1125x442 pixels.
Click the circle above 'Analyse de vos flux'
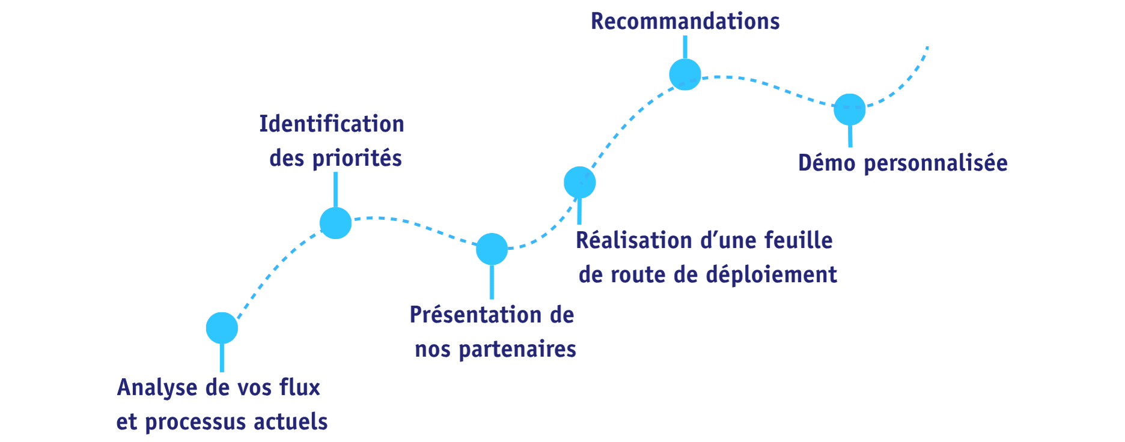point(222,328)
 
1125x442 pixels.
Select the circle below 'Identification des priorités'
point(335,223)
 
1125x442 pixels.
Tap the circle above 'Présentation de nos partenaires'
point(492,249)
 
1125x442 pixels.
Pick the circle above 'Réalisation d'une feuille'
point(580,181)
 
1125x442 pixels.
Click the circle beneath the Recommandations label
point(685,74)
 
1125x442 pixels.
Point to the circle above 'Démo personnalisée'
point(850,109)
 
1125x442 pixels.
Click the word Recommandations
point(685,22)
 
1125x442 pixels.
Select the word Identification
point(332,124)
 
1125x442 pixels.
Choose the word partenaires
point(517,350)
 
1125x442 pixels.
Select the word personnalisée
point(935,163)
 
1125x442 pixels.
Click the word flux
point(300,388)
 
